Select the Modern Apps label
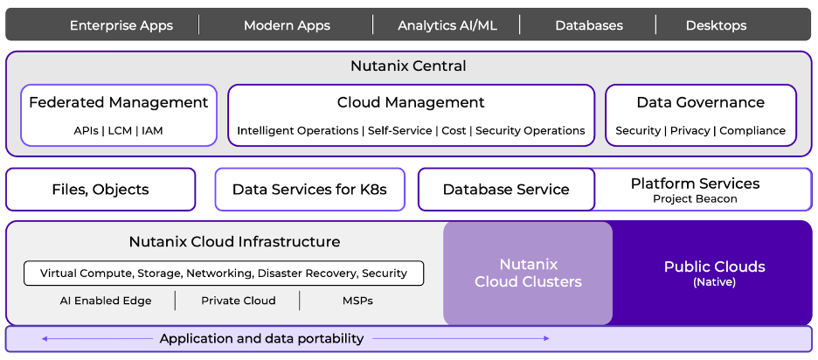(287, 25)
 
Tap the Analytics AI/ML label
(447, 25)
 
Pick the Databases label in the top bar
(589, 25)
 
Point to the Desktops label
(716, 25)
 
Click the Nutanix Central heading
(408, 66)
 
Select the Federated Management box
(119, 114)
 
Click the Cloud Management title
(411, 103)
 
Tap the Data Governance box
(700, 114)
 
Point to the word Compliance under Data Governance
(752, 131)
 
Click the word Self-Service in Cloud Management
(399, 131)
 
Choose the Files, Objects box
(101, 190)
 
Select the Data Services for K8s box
(309, 190)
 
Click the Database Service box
(506, 190)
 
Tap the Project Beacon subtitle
(695, 199)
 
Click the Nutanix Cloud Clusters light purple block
(528, 273)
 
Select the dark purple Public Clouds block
(714, 273)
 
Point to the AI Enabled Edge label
(106, 301)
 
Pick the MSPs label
(357, 301)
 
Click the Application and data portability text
(261, 339)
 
